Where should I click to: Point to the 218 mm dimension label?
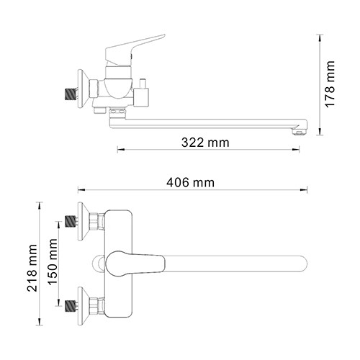pyautogui.click(x=32, y=265)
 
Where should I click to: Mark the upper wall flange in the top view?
pyautogui.click(x=91, y=221)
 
